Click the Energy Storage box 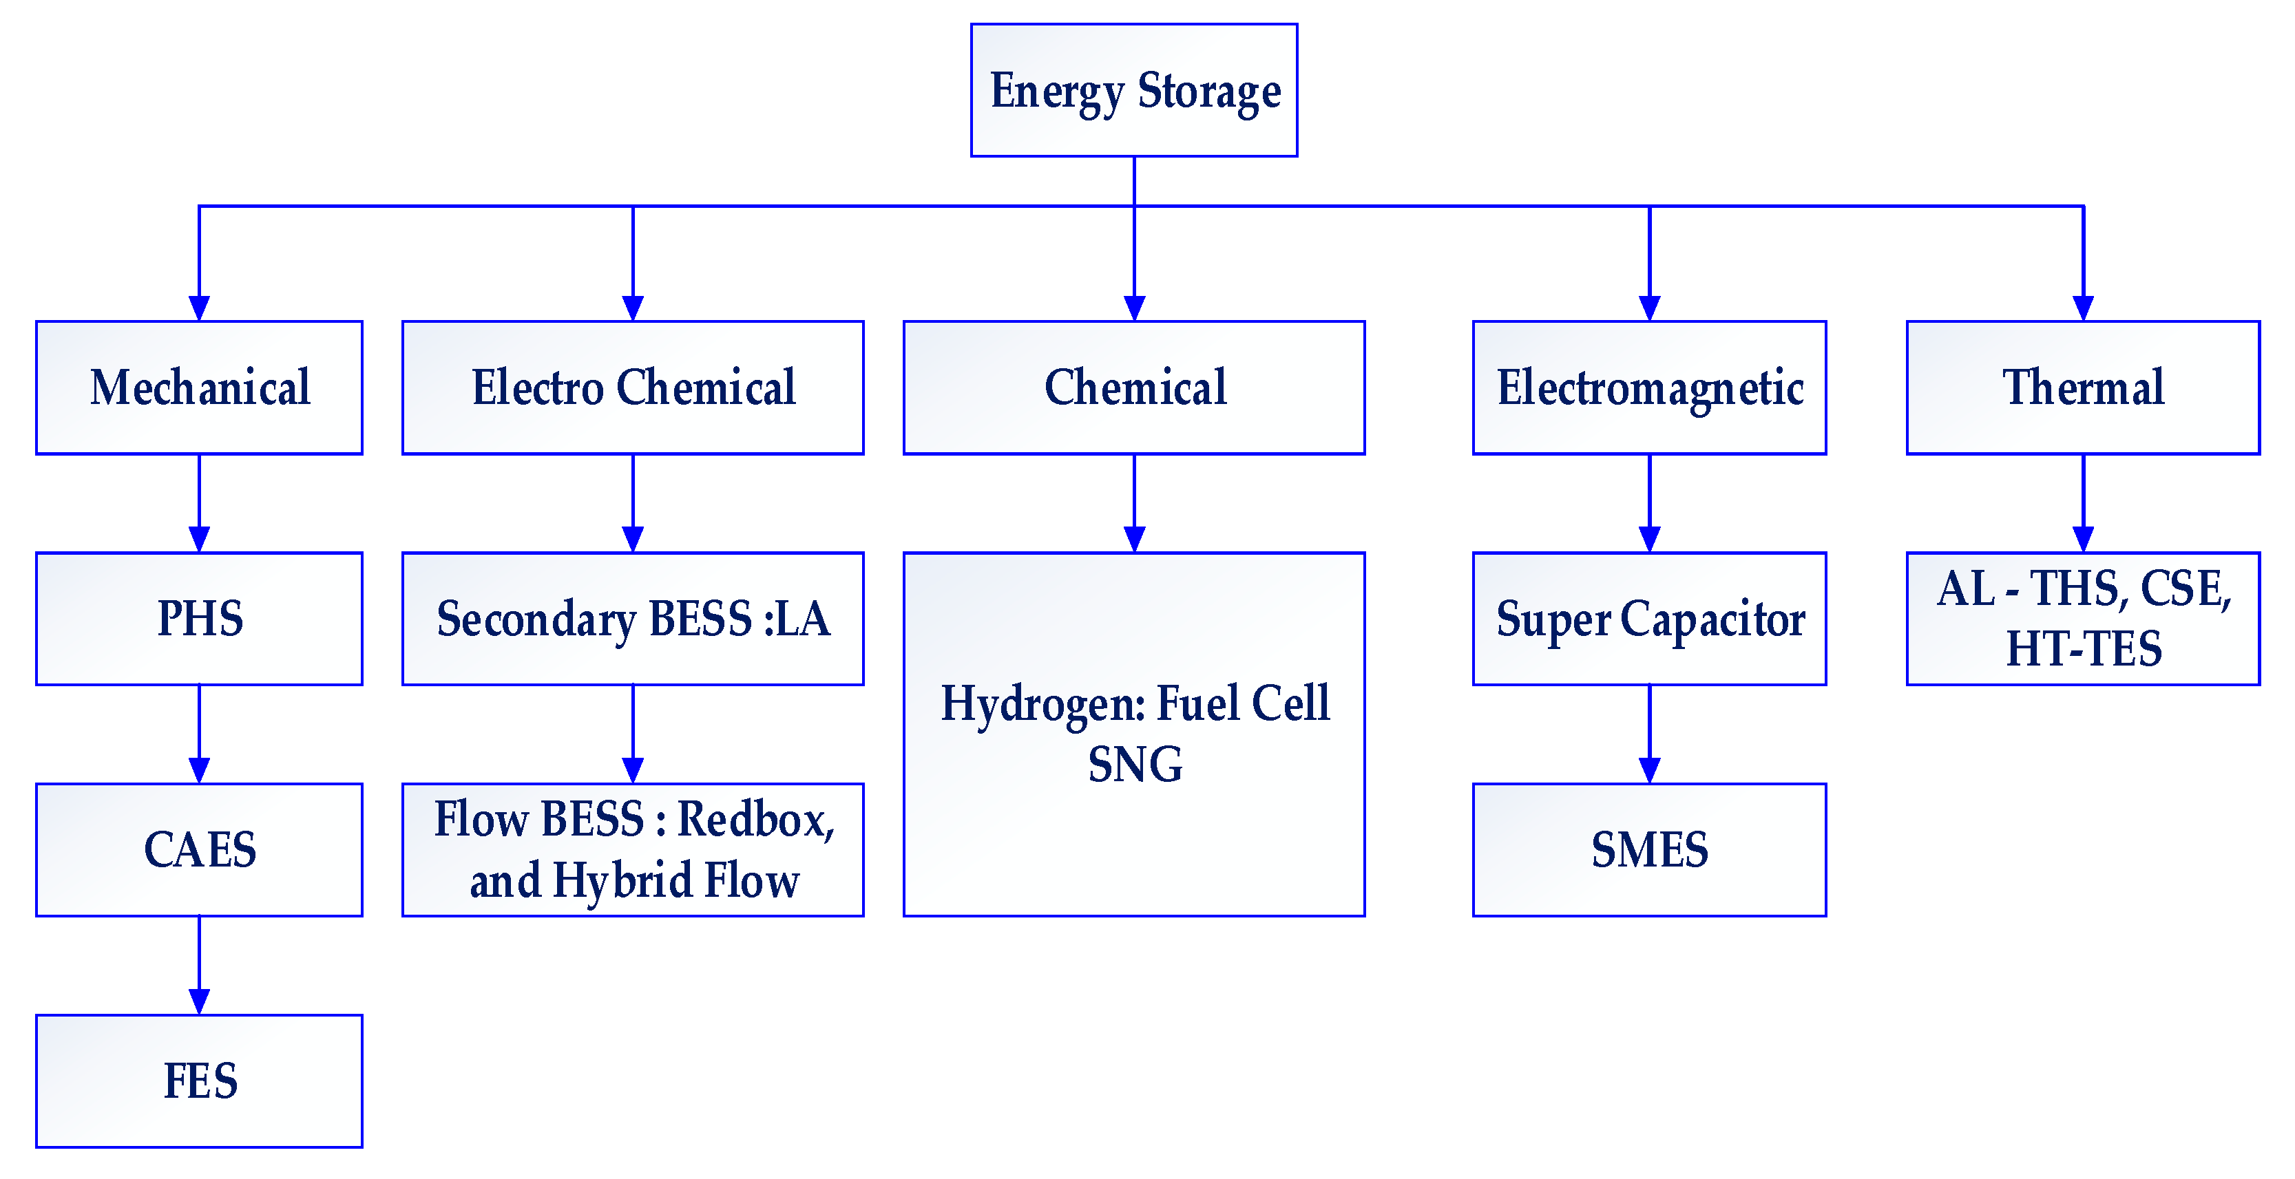coord(1133,90)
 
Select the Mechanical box coord(200,387)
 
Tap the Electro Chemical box coord(633,387)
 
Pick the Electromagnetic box coord(1649,387)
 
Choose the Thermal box coord(2082,387)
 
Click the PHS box coord(200,619)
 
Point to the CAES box coord(200,849)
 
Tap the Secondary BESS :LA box coord(633,619)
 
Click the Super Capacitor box coord(1649,619)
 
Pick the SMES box coord(1649,849)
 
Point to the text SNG coord(1135,764)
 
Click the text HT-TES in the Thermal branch coord(2083,648)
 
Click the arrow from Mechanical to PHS coord(200,503)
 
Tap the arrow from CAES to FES coord(200,965)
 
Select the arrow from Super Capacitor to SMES coord(1649,734)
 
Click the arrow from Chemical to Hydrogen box coord(1133,503)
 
